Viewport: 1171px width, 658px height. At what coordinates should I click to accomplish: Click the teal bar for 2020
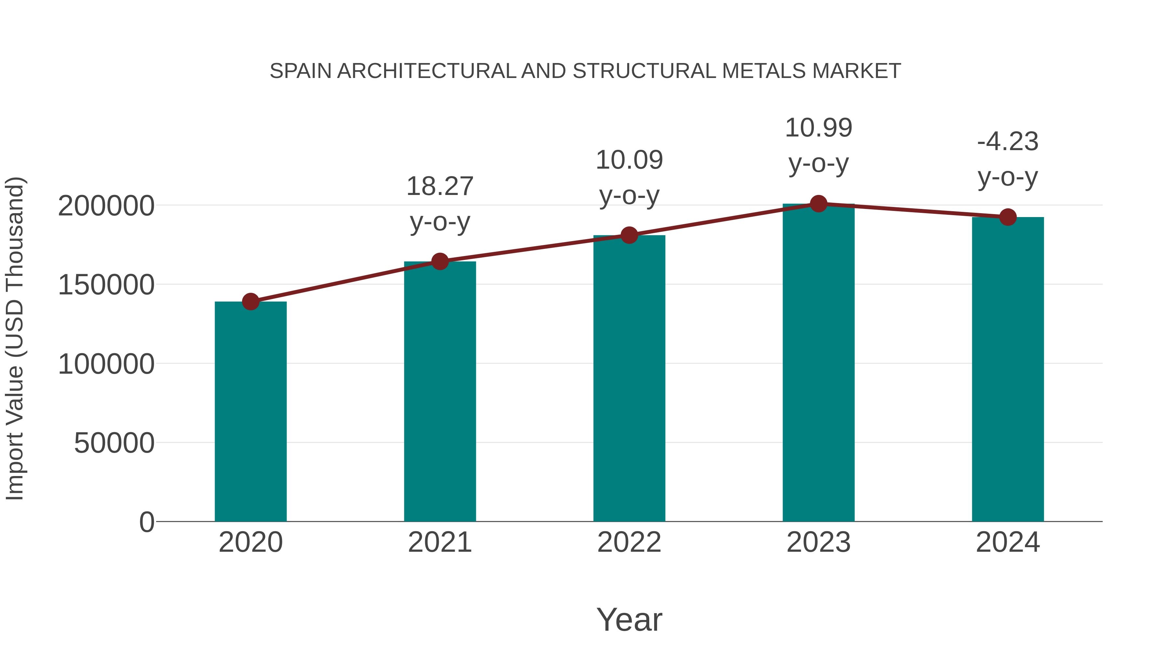(250, 411)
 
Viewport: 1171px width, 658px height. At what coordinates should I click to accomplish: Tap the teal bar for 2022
(629, 378)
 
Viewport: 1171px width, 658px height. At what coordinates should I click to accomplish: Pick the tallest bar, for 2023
(818, 362)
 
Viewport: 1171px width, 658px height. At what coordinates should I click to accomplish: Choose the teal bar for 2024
(1008, 369)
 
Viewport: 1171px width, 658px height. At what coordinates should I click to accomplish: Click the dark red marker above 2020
(250, 301)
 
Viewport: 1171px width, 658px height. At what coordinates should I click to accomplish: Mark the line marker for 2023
(818, 204)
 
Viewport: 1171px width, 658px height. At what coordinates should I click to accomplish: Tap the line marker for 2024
(1008, 217)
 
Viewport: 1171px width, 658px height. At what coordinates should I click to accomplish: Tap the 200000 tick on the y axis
(106, 206)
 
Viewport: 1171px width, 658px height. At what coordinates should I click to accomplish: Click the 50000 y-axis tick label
(114, 443)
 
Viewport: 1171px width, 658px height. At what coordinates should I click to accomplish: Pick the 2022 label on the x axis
(629, 542)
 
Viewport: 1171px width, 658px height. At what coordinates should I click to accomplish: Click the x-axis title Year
(629, 619)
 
